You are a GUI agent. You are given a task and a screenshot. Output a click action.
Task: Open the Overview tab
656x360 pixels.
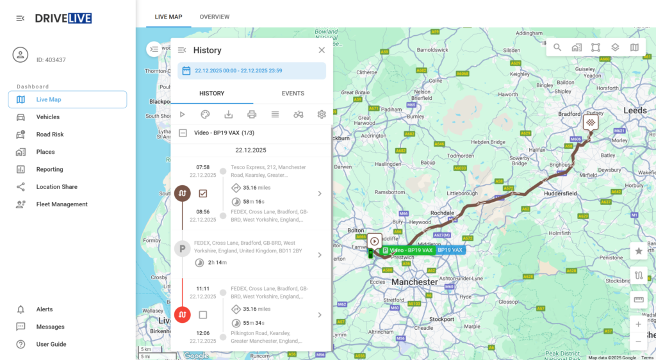[215, 17]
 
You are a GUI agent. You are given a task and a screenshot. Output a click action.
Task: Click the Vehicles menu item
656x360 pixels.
[47, 117]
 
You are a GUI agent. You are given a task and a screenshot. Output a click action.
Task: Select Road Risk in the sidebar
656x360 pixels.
[49, 135]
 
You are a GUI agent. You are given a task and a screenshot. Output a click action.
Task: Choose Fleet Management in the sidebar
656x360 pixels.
[61, 204]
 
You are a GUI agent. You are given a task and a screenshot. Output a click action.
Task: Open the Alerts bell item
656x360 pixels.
[44, 309]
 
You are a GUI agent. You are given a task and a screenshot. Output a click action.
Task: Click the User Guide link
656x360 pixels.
[51, 344]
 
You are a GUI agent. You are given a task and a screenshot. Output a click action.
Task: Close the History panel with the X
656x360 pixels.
[322, 50]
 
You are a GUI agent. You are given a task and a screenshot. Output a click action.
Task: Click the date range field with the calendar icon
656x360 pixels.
[251, 70]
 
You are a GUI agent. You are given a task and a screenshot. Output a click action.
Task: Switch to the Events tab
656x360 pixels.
[293, 94]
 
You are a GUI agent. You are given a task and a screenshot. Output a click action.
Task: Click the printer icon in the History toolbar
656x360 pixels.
[252, 115]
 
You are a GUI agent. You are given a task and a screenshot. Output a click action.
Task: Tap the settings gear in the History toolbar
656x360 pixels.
[322, 115]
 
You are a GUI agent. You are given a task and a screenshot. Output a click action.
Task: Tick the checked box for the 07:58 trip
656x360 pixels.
[203, 193]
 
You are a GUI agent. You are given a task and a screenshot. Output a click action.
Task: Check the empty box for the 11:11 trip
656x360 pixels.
[203, 315]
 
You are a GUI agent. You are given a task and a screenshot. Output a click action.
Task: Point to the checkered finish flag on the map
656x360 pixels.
[591, 121]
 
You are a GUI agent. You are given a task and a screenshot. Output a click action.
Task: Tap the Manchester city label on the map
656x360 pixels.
[414, 282]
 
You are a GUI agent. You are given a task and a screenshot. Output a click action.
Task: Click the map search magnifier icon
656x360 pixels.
[557, 47]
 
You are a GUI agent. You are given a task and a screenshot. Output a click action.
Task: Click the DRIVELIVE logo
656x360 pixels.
[63, 18]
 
